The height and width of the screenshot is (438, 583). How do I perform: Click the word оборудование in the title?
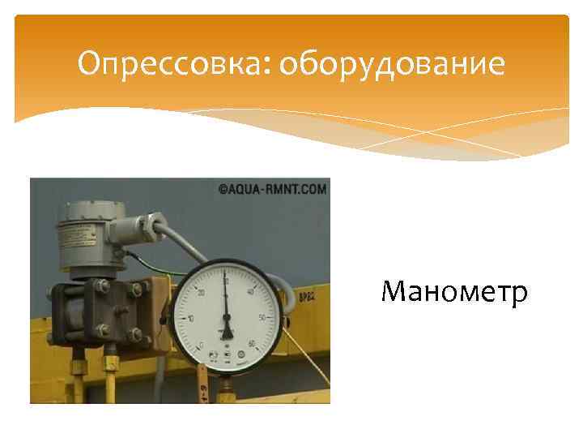[391, 64]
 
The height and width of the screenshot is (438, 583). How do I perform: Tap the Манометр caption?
[455, 290]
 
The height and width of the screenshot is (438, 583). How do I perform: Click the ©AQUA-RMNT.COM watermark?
[272, 190]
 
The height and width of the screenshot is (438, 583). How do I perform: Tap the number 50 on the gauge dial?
[261, 317]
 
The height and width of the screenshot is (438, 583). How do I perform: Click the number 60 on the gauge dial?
[252, 344]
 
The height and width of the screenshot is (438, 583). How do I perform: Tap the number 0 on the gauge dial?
[201, 345]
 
